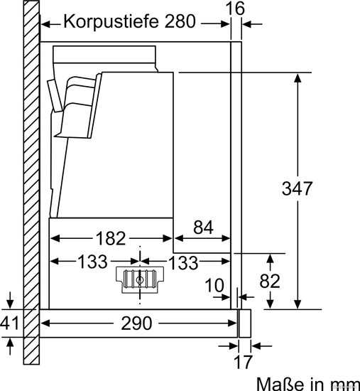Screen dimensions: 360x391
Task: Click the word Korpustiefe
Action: [x=111, y=22]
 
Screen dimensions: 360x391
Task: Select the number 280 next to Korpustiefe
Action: [x=180, y=21]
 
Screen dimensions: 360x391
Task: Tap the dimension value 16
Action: [x=235, y=9]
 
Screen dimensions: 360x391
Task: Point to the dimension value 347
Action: [x=297, y=188]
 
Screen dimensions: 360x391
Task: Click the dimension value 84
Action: [x=203, y=227]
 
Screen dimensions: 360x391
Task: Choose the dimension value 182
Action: [x=111, y=238]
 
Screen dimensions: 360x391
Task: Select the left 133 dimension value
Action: [x=93, y=262]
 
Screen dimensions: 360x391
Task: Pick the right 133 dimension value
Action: [x=183, y=262]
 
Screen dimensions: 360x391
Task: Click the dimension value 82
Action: [x=270, y=281]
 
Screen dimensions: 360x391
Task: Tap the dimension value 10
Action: [x=214, y=285]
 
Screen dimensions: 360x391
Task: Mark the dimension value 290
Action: [x=136, y=323]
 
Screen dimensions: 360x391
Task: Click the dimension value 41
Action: [x=9, y=323]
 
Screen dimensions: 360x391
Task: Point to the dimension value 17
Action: [x=243, y=362]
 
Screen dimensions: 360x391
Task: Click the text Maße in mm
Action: [x=308, y=385]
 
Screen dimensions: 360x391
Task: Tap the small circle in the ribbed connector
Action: [x=139, y=280]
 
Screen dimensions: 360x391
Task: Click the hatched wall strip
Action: [x=31, y=182]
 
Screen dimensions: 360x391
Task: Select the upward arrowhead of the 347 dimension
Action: [x=298, y=78]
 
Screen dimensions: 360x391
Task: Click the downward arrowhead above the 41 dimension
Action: [x=10, y=304]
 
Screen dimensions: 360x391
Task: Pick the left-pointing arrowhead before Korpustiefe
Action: [x=45, y=24]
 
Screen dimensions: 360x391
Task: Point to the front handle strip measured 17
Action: [x=245, y=323]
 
